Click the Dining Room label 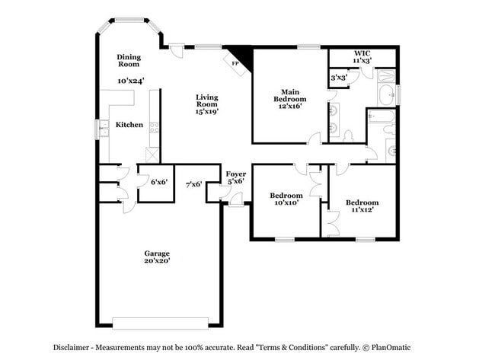point(128,61)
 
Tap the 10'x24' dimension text point(131,80)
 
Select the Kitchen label point(129,124)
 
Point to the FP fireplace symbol point(235,63)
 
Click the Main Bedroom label point(289,95)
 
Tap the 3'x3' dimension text point(338,78)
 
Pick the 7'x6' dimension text point(193,183)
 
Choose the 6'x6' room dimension point(158,182)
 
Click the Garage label point(157,253)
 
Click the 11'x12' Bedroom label point(362,206)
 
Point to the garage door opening point(158,320)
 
